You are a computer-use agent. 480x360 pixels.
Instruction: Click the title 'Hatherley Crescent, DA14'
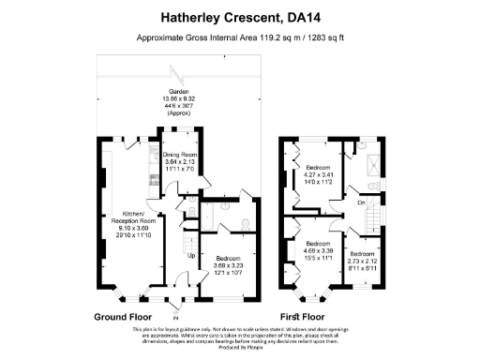click(240, 16)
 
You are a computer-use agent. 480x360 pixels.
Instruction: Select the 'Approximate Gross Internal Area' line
click(240, 39)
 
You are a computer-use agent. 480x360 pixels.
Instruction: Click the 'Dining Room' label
click(182, 155)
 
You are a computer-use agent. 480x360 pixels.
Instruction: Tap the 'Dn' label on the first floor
click(360, 201)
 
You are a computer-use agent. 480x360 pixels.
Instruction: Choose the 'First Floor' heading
click(304, 317)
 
